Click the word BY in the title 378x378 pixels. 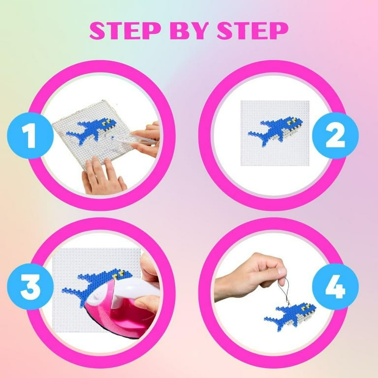(189, 31)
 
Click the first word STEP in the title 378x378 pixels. (125, 31)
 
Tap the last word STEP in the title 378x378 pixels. (252, 31)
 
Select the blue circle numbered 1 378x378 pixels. (30, 136)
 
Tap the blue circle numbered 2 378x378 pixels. (335, 136)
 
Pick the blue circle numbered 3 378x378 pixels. (30, 287)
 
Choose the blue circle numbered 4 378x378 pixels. (335, 287)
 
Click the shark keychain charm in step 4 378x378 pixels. (290, 316)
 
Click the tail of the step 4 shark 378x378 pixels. (271, 319)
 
